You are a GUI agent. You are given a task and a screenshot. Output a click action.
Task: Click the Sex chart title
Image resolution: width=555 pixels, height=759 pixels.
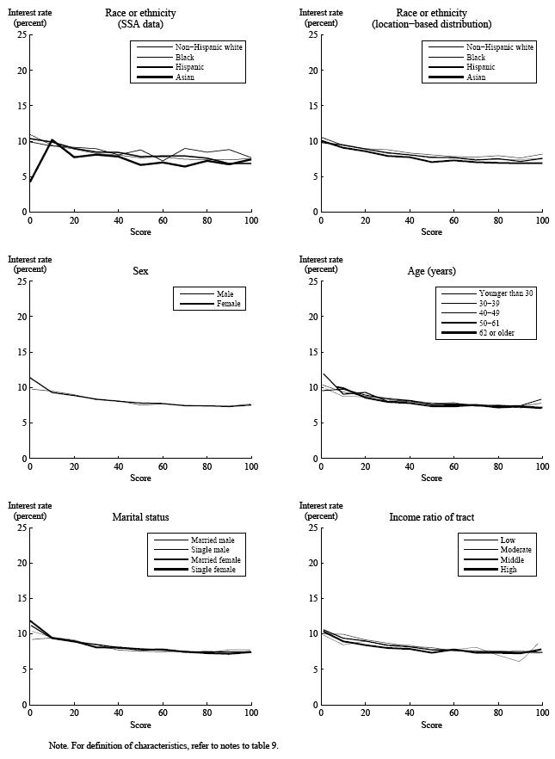tap(140, 271)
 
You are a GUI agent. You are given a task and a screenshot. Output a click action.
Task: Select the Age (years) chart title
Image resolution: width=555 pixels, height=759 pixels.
tap(431, 271)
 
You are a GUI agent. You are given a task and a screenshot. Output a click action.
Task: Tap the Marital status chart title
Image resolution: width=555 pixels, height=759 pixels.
tap(140, 517)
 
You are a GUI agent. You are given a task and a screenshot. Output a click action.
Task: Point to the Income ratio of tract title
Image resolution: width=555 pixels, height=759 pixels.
tap(431, 517)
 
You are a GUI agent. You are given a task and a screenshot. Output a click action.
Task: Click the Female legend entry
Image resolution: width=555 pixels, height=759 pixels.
tap(229, 304)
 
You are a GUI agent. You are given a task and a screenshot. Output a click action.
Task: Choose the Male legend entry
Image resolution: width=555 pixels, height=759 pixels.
tap(225, 293)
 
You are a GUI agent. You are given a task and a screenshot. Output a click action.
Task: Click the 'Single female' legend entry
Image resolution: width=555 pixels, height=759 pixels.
tap(214, 570)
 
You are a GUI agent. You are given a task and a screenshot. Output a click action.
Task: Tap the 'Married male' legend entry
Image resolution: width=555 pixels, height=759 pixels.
tap(214, 540)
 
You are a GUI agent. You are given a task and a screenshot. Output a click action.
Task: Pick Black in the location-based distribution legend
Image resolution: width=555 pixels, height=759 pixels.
tap(476, 57)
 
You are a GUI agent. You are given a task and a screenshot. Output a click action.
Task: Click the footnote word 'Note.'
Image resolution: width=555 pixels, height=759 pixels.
tap(59, 745)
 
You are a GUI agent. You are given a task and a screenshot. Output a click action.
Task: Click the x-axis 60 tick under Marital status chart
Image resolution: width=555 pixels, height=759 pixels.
tap(163, 713)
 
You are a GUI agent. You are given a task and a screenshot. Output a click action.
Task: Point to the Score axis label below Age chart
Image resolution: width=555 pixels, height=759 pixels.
tap(431, 478)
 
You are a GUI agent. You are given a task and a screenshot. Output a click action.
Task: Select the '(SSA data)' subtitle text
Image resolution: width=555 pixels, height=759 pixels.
tap(140, 24)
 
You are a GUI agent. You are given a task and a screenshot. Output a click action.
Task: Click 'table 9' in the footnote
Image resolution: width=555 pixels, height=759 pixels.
tap(262, 745)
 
